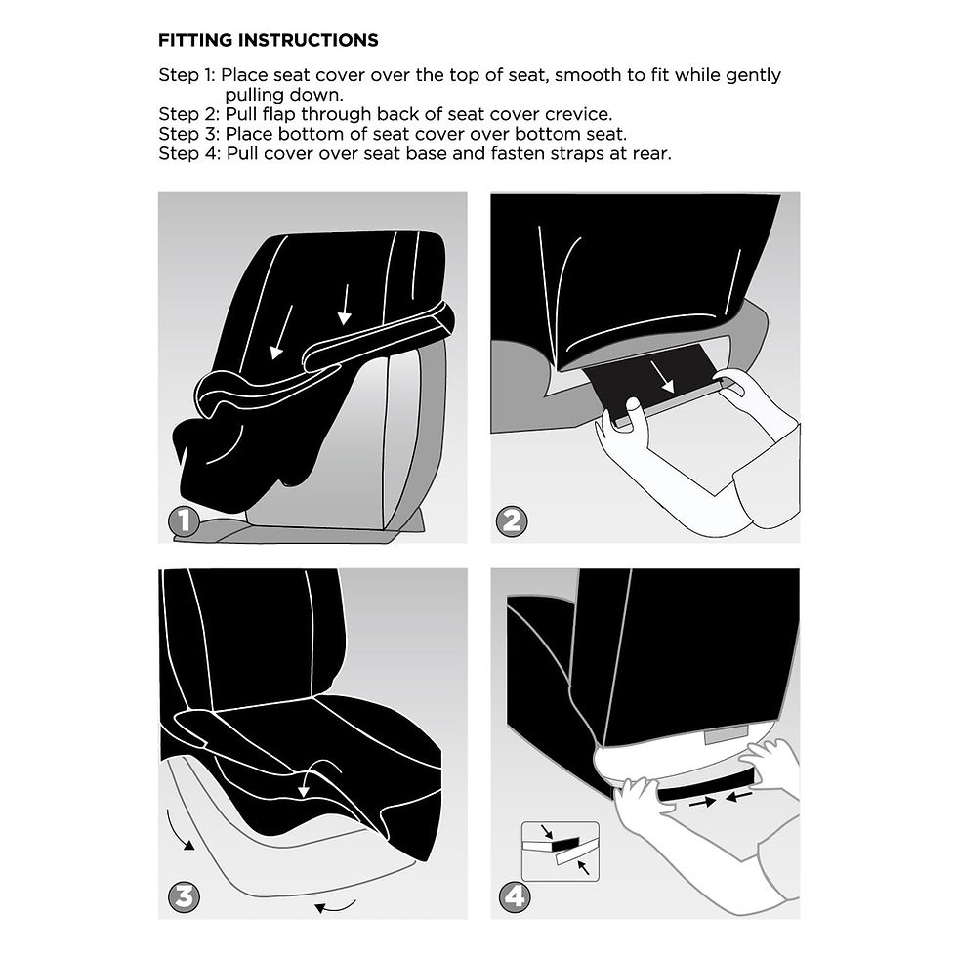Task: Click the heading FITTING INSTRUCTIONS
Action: tap(268, 41)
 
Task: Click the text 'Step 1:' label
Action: tap(187, 75)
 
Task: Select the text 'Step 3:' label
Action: tap(188, 134)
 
